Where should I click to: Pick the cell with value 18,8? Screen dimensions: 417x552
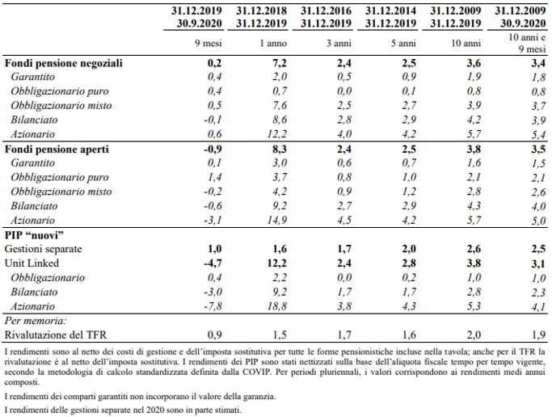coord(274,306)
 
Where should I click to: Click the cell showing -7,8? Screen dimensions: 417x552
coord(211,306)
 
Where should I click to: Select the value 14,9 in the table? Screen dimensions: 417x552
coord(274,220)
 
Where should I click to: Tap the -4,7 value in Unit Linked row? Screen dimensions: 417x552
coord(211,263)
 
